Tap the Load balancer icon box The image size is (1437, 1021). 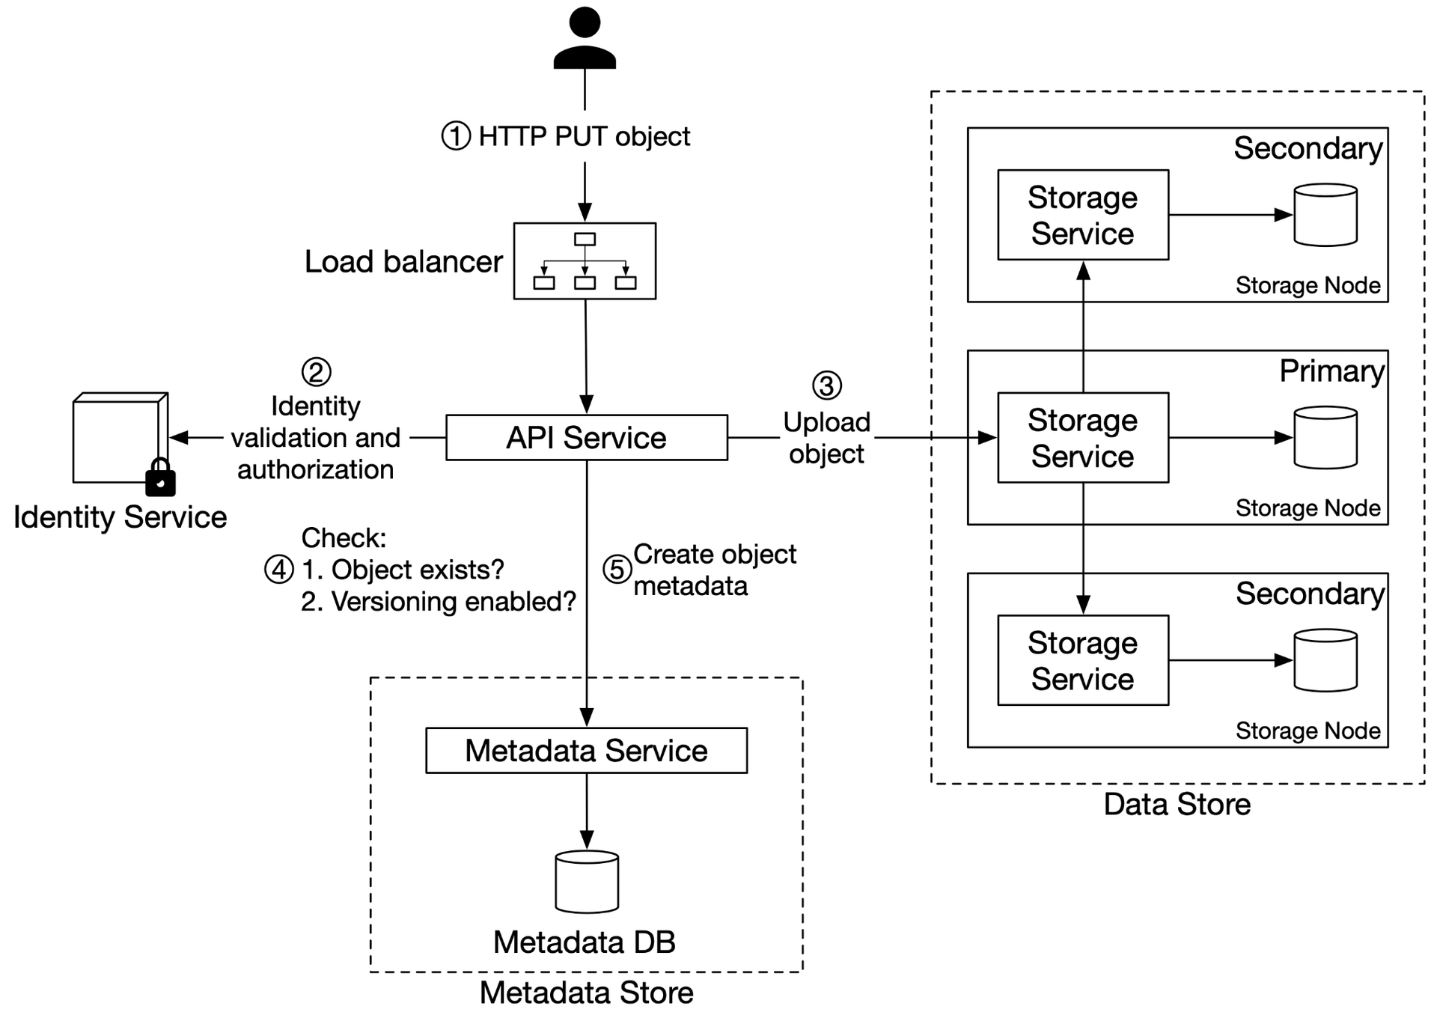[585, 261]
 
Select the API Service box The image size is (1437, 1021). [587, 438]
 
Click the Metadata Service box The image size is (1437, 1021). [587, 751]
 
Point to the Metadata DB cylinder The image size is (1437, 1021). [587, 882]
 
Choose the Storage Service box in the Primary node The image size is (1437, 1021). [1083, 438]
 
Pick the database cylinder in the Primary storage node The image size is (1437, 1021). [1325, 438]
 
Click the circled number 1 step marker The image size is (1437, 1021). [456, 136]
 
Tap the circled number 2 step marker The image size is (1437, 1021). [316, 372]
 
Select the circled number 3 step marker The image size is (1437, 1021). [827, 385]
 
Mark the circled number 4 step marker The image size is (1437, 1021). [279, 570]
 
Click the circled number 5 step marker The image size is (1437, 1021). [617, 570]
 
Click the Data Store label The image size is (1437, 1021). [1177, 805]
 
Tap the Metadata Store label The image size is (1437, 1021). [587, 993]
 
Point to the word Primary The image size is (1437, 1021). [1331, 372]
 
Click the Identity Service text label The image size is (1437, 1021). [120, 518]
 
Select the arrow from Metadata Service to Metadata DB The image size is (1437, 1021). [587, 811]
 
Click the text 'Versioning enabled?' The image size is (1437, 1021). [454, 602]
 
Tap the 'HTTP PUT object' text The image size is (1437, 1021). [585, 137]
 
